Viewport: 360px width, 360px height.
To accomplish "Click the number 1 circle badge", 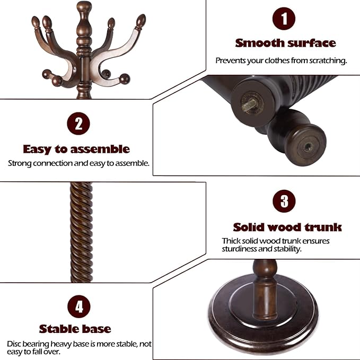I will pyautogui.click(x=284, y=19).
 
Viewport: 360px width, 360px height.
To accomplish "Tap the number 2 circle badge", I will pyautogui.click(x=78, y=124).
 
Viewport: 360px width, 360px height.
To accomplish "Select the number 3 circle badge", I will pyautogui.click(x=284, y=201).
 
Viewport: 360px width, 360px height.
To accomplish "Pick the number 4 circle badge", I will pyautogui.click(x=78, y=306).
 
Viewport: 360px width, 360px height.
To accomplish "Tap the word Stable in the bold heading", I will pyautogui.click(x=60, y=329).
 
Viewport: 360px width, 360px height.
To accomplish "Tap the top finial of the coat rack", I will pyautogui.click(x=84, y=7).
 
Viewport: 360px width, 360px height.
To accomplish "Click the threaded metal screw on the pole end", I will pyautogui.click(x=250, y=102).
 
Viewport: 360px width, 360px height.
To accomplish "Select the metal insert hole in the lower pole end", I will pyautogui.click(x=307, y=147).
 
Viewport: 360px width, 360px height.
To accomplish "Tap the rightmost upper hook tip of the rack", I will pyautogui.click(x=141, y=21).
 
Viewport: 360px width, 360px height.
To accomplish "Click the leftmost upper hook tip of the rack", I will pyautogui.click(x=36, y=22).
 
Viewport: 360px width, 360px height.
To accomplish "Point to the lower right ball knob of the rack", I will pyautogui.click(x=125, y=79).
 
